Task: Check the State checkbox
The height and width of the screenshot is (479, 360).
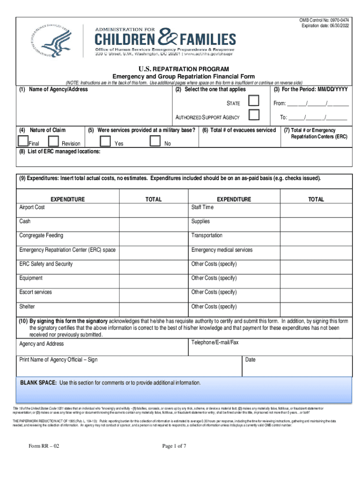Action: point(254,101)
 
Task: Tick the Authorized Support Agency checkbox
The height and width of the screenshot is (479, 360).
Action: point(254,115)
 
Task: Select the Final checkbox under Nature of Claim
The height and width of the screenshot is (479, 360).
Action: point(22,141)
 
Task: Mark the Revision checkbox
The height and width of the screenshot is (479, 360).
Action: point(54,141)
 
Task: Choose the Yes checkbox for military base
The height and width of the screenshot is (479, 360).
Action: point(106,141)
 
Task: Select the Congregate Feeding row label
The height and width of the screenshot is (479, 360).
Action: point(41,236)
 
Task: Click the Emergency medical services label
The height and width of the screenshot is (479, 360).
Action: point(222,250)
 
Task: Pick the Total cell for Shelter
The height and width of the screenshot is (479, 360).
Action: point(153,307)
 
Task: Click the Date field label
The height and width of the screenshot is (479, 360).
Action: point(250,360)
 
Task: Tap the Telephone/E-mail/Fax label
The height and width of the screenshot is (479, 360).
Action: point(215,343)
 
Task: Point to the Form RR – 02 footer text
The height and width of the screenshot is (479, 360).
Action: point(44,446)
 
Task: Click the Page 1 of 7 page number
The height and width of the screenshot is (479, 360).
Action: point(174,446)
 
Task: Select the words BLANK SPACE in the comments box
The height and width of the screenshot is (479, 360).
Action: point(38,383)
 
